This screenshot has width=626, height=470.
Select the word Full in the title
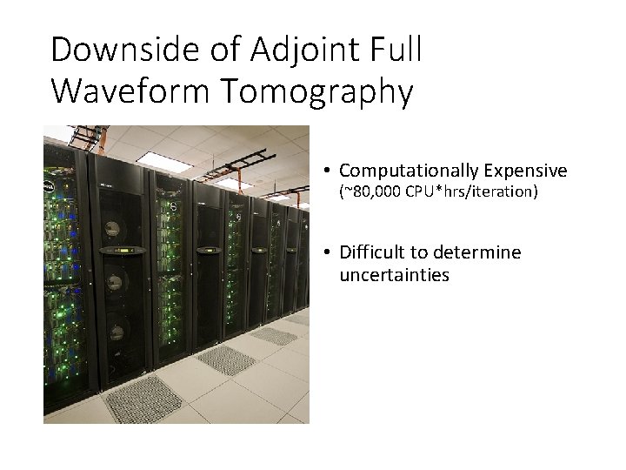click(x=393, y=50)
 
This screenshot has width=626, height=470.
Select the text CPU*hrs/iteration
click(x=471, y=191)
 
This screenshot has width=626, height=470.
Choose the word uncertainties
click(x=394, y=275)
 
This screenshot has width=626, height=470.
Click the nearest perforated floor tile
click(x=143, y=399)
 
